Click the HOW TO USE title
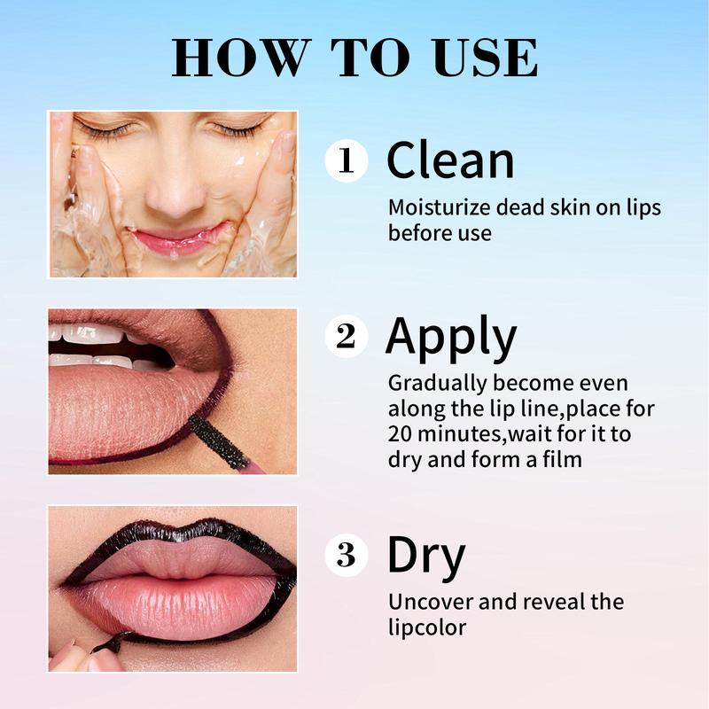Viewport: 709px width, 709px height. tap(354, 58)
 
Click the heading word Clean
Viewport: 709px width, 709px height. tap(450, 160)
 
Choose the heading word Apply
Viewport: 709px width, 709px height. tap(451, 338)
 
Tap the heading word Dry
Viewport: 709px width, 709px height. tap(425, 556)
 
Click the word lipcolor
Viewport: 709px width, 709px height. tap(427, 627)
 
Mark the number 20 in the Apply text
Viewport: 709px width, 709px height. tap(400, 435)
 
